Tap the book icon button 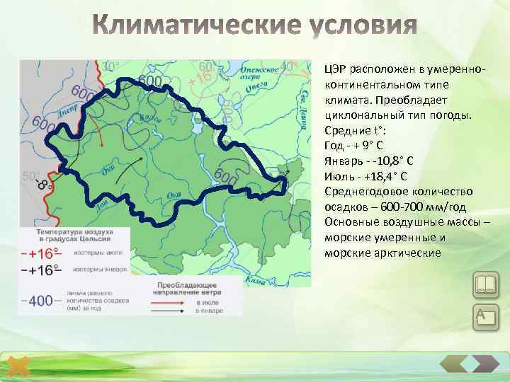pyautogui.click(x=486, y=286)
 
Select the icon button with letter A pyautogui.click(x=486, y=316)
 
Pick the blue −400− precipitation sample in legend pyautogui.click(x=41, y=301)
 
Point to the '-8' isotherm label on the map pyautogui.click(x=43, y=186)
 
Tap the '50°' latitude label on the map pyautogui.click(x=30, y=175)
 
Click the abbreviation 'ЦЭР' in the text pyautogui.click(x=336, y=68)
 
